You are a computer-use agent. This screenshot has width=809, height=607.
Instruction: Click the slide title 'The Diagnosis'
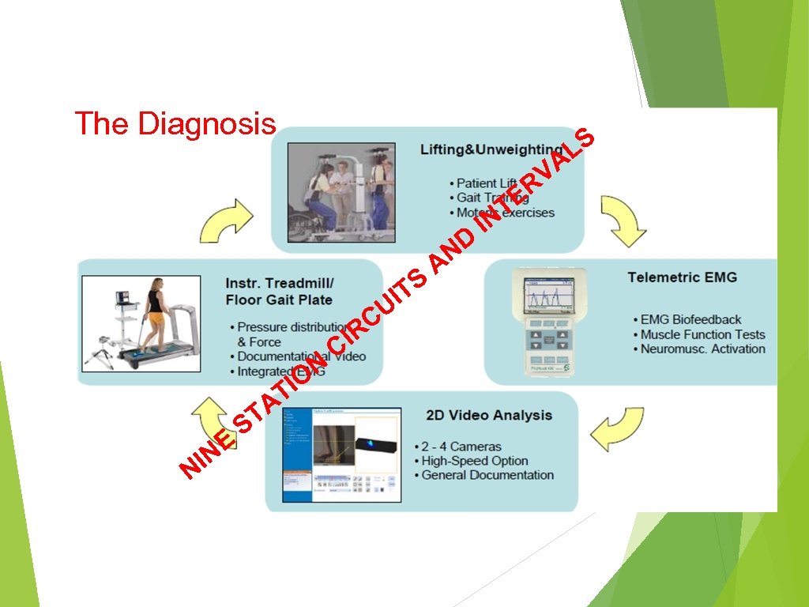(175, 124)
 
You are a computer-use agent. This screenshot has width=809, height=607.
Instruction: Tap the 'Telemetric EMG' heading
(682, 277)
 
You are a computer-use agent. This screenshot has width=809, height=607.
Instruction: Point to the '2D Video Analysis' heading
(489, 415)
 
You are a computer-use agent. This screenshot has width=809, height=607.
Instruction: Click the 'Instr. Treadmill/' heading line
(280, 283)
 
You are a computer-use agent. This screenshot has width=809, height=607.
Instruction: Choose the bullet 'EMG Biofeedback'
(690, 319)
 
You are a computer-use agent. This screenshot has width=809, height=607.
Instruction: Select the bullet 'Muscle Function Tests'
(702, 334)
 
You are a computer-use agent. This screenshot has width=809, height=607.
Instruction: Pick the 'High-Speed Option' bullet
(474, 461)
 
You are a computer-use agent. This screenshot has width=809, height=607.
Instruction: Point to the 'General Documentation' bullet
(487, 475)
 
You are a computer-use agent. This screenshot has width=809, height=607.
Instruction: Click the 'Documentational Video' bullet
(301, 356)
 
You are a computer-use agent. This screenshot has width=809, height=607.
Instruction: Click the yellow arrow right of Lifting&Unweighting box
(623, 221)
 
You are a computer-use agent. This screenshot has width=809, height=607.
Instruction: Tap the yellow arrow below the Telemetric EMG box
(619, 429)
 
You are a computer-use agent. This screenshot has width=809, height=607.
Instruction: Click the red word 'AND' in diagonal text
(456, 249)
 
